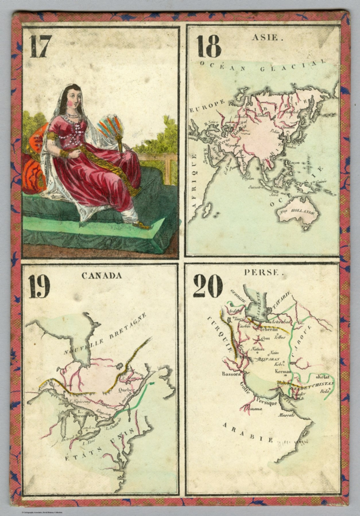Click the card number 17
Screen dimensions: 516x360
[x=40, y=47]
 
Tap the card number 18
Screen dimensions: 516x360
[x=209, y=46]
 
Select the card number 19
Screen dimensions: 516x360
[x=39, y=286]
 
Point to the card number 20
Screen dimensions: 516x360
[x=208, y=286]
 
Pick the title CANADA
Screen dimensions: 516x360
[x=101, y=276]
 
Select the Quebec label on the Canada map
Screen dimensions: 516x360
[x=127, y=390]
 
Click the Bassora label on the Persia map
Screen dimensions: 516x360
[x=231, y=374]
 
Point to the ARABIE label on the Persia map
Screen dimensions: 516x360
[x=248, y=432]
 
